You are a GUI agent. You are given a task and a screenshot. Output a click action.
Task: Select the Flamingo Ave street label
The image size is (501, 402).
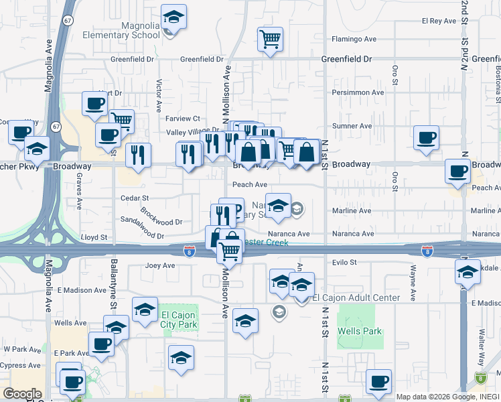point(352,39)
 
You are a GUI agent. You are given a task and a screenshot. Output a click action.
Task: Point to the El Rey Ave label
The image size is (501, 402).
point(439,21)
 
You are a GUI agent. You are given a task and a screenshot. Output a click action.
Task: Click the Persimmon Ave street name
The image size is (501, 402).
point(358,92)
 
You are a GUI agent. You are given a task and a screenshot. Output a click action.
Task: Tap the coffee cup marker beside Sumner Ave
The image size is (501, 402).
point(426,138)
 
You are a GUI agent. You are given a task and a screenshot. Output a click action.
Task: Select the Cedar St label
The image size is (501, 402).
point(134,198)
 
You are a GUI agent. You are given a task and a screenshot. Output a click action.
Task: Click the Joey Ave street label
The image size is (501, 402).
point(160,265)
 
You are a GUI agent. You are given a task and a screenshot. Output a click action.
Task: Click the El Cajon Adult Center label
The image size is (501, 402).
point(356,297)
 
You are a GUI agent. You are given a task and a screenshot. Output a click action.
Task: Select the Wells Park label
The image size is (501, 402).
point(360,331)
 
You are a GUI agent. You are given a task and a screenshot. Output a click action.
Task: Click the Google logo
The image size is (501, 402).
point(22,394)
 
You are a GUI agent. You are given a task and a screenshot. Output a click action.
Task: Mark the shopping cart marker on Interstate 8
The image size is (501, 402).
point(230,251)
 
